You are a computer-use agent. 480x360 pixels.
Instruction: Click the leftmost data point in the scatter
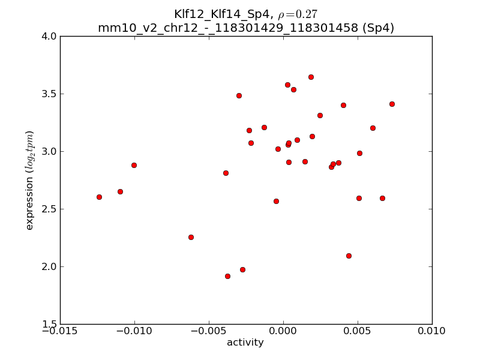pyautogui.click(x=99, y=197)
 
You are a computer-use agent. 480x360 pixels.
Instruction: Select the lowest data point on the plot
pyautogui.click(x=227, y=276)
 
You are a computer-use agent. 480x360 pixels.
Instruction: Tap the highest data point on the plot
pyautogui.click(x=311, y=77)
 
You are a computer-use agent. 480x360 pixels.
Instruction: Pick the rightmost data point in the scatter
pyautogui.click(x=392, y=104)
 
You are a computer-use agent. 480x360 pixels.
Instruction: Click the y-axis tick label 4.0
pyautogui.click(x=50, y=36)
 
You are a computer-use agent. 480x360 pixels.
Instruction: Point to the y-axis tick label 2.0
pyautogui.click(x=50, y=266)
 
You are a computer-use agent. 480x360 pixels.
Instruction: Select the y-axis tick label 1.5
pyautogui.click(x=50, y=324)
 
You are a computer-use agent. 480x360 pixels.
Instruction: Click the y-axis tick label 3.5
pyautogui.click(x=50, y=94)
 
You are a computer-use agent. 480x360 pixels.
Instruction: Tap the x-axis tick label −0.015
pyautogui.click(x=59, y=331)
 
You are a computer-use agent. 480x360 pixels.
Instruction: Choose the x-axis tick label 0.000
pyautogui.click(x=283, y=331)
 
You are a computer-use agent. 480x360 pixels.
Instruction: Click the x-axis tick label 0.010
pyautogui.click(x=432, y=331)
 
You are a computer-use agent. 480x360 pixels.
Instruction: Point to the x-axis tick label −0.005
pyautogui.click(x=209, y=331)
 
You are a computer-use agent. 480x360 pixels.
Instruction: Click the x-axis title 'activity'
pyautogui.click(x=245, y=343)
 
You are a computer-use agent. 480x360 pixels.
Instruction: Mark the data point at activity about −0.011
pyautogui.click(x=120, y=191)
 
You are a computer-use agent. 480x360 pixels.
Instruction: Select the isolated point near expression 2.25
pyautogui.click(x=191, y=237)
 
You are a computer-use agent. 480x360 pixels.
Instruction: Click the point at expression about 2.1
pyautogui.click(x=349, y=256)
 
